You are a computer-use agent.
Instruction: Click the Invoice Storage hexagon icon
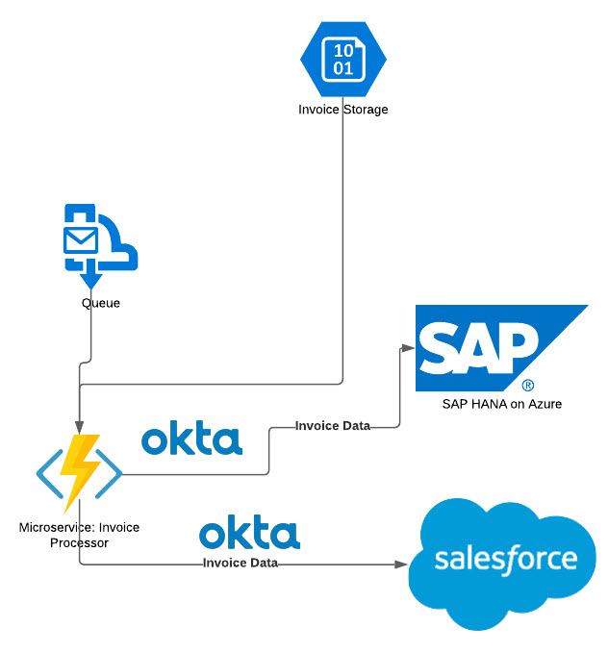pyautogui.click(x=342, y=60)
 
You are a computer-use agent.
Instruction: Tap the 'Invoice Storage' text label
pyautogui.click(x=342, y=110)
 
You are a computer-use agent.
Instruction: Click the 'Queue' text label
pyautogui.click(x=101, y=303)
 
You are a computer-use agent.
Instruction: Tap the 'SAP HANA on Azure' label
pyautogui.click(x=501, y=404)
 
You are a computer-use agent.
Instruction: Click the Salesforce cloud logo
pyautogui.click(x=506, y=563)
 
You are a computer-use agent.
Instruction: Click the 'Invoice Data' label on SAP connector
pyautogui.click(x=332, y=426)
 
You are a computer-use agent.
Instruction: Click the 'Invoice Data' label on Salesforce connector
pyautogui.click(x=241, y=563)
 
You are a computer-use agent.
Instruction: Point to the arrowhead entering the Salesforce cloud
pyautogui.click(x=402, y=564)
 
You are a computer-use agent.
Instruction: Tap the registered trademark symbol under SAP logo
pyautogui.click(x=528, y=384)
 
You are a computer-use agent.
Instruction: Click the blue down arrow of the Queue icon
pyautogui.click(x=90, y=280)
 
